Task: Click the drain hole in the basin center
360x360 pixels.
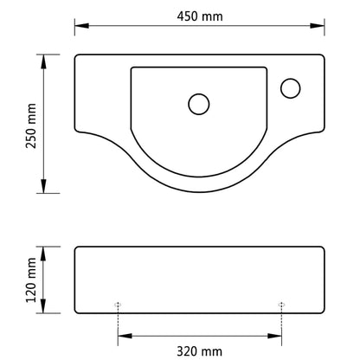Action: pyautogui.click(x=198, y=104)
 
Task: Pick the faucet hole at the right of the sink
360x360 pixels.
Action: pyautogui.click(x=291, y=87)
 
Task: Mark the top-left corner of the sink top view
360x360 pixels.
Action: pyautogui.click(x=77, y=57)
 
